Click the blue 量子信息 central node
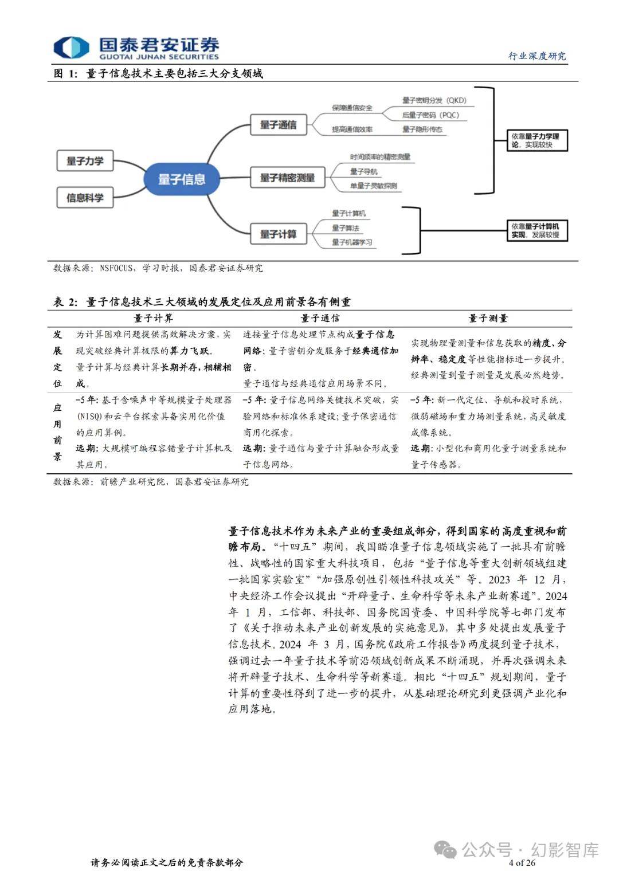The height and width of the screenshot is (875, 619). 182,179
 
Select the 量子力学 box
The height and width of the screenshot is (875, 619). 85,160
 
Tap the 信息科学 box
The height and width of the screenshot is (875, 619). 85,197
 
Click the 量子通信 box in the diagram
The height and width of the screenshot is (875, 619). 278,124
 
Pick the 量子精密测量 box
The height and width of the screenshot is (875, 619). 288,178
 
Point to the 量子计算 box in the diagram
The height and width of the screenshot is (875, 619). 278,234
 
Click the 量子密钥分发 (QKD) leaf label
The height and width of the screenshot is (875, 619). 434,100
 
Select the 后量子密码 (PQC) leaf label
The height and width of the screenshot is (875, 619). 430,115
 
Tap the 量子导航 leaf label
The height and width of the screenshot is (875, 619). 363,171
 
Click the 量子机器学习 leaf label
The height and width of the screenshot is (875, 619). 352,242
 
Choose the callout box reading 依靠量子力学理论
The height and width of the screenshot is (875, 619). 537,140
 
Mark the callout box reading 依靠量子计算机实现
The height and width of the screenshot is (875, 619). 537,230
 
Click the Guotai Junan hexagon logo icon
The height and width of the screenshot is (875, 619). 71,48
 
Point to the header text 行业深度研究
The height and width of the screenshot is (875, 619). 537,56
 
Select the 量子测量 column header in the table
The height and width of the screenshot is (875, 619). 488,319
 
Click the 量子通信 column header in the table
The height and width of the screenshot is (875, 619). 320,319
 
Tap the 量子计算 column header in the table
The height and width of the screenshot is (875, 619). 153,319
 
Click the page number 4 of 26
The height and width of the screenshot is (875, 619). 522,862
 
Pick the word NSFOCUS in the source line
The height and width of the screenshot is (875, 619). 116,268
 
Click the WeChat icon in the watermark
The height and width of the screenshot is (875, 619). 446,849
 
